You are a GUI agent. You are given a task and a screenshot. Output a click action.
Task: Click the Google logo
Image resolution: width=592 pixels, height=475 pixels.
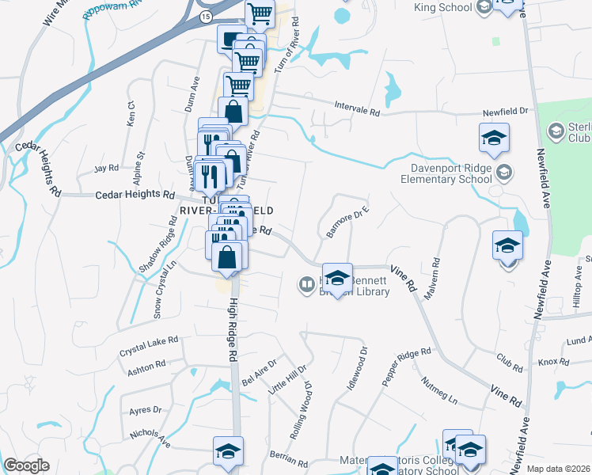(x=26, y=465)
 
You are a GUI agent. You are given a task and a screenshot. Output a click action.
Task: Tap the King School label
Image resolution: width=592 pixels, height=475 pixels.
(x=443, y=8)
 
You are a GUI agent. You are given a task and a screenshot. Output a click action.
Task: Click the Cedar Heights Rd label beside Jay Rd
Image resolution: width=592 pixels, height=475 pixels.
(x=135, y=194)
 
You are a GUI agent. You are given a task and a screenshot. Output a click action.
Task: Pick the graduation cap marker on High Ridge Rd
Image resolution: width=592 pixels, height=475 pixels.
(x=229, y=451)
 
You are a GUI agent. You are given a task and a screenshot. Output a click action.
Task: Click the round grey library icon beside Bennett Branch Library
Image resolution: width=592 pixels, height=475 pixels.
(x=306, y=283)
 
